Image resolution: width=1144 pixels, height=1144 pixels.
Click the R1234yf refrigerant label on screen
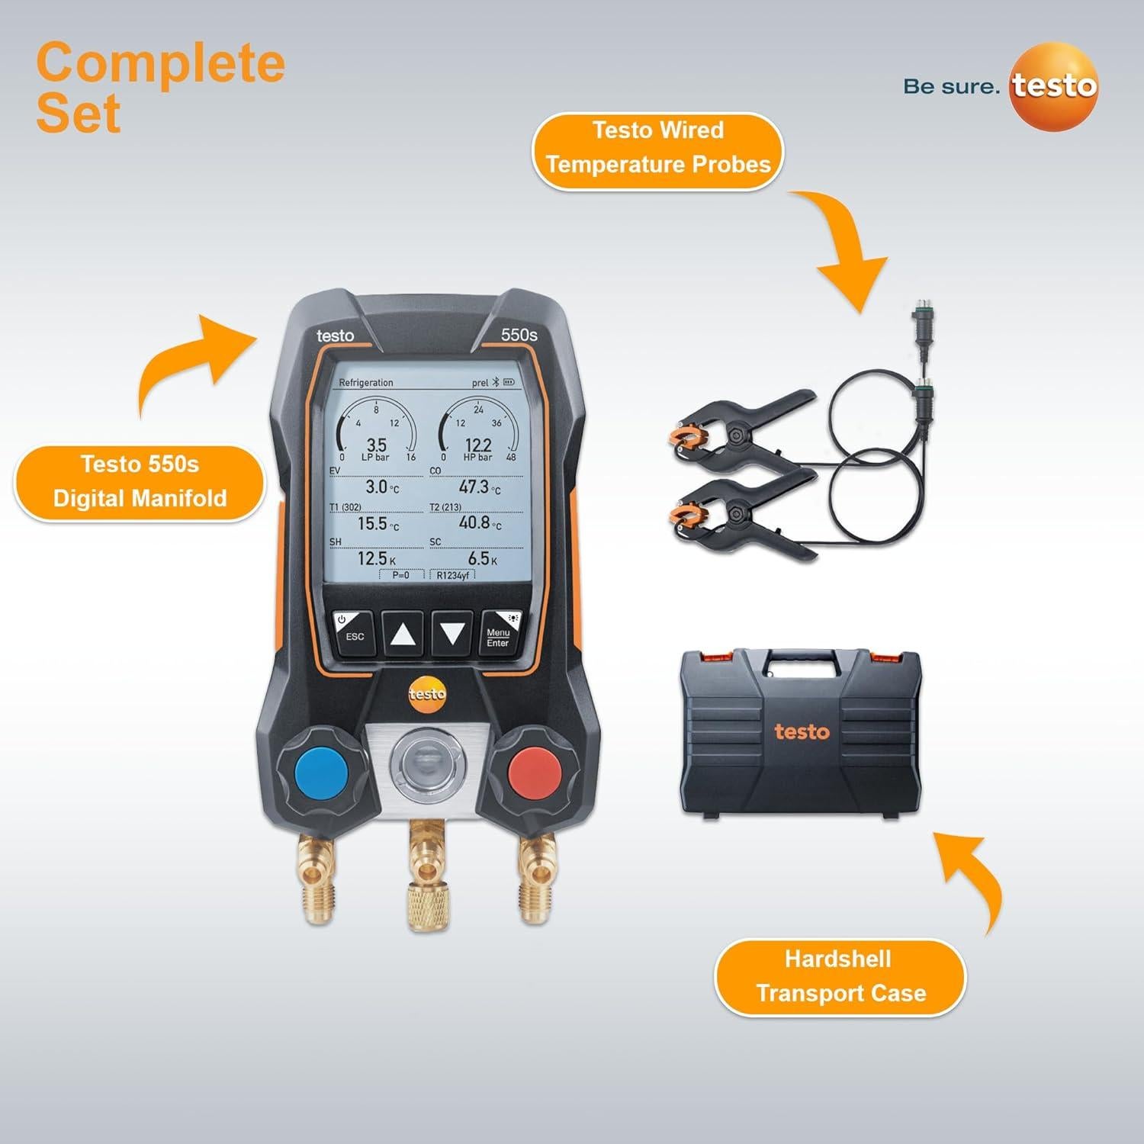(x=452, y=575)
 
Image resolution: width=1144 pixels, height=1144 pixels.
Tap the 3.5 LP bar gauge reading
(x=377, y=445)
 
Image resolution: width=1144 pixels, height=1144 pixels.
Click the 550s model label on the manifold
(x=519, y=335)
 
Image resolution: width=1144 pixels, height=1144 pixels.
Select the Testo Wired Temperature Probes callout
(x=657, y=147)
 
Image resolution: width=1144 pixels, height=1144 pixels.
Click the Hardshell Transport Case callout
(x=840, y=976)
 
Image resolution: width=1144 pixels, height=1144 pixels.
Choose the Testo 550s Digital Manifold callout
(x=140, y=481)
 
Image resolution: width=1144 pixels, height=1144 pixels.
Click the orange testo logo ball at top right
(x=1054, y=87)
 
